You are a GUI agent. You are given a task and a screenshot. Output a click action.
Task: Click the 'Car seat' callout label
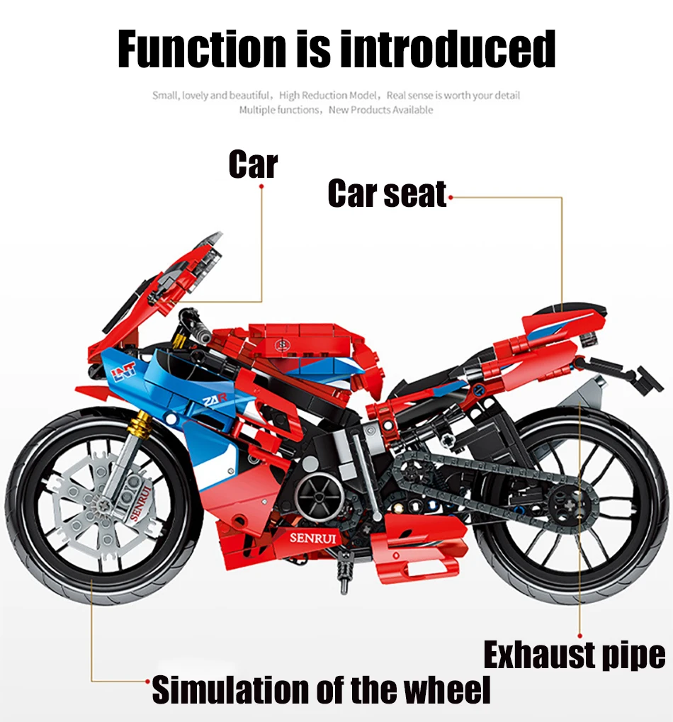pyautogui.click(x=387, y=194)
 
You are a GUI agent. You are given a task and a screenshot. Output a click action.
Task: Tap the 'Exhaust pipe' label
pyautogui.click(x=575, y=655)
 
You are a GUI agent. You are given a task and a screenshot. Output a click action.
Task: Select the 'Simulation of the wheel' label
pyautogui.click(x=321, y=690)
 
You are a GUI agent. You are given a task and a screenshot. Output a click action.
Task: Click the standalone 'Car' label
pyautogui.click(x=253, y=164)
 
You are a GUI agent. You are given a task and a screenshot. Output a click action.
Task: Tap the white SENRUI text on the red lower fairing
pyautogui.click(x=315, y=537)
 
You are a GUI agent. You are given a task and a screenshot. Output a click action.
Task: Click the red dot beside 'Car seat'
pyautogui.click(x=451, y=197)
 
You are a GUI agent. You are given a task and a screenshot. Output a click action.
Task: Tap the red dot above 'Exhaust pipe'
pyautogui.click(x=579, y=636)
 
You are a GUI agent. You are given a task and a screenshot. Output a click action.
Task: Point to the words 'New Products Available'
pyautogui.click(x=380, y=110)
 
